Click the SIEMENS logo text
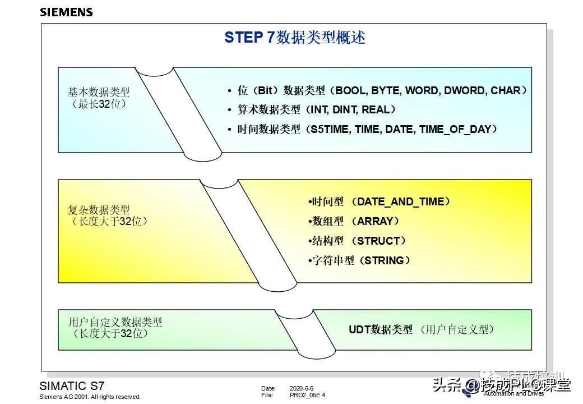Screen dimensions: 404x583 (x=66, y=12)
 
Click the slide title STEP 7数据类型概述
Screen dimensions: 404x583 (x=295, y=38)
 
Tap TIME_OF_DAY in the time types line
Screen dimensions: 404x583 (x=455, y=129)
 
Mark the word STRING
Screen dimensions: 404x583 (x=384, y=260)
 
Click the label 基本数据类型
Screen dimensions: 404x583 (x=99, y=91)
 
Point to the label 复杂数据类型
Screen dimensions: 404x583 (x=99, y=210)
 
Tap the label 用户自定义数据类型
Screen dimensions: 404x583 (x=115, y=322)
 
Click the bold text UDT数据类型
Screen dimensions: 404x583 (x=381, y=329)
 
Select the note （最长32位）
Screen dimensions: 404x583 (x=99, y=104)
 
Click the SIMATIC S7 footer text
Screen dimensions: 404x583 (x=72, y=386)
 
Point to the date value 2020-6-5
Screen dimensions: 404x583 (x=302, y=388)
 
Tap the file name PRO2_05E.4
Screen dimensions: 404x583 (x=307, y=395)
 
